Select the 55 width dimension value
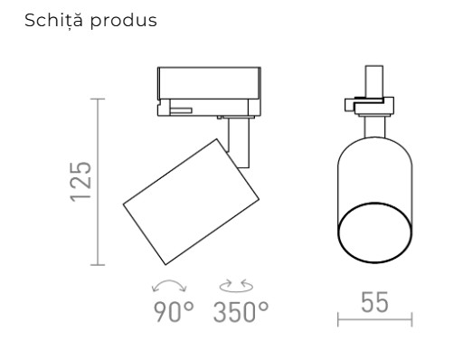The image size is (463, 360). point(374,303)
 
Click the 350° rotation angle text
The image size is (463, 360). point(241,314)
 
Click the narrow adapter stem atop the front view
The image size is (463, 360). point(373,81)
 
